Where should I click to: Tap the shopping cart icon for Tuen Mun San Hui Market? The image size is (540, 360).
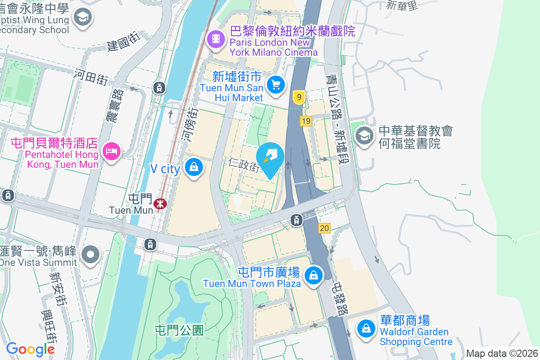pos(276,84)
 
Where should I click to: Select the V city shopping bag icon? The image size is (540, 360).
pos(194,167)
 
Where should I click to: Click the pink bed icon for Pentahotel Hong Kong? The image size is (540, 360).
pos(111,150)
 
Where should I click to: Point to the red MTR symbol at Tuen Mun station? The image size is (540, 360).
pos(160,204)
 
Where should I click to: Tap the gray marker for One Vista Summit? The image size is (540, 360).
pos(91,254)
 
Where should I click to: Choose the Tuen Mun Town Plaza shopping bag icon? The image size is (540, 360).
pos(313,274)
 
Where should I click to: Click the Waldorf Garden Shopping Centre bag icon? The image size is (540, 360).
pos(367,329)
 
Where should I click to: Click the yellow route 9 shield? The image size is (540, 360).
pos(299,97)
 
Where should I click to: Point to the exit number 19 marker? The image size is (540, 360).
pos(306,121)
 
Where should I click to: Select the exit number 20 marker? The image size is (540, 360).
pos(324,229)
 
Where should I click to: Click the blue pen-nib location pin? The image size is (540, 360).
pos(270,158)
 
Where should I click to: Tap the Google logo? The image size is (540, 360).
pos(30,349)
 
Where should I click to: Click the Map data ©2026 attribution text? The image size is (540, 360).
pos(502,353)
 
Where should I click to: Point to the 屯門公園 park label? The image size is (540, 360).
pos(179,330)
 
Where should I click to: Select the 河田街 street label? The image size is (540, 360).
pos(91,77)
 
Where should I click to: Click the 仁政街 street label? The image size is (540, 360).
pos(243,165)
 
